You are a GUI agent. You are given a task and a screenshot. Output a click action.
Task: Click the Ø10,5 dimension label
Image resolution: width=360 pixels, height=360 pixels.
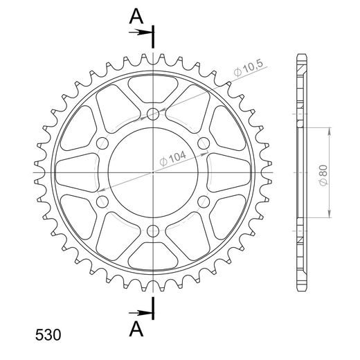pos(249,69)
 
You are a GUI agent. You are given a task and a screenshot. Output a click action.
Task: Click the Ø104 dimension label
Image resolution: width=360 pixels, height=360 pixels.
pos(172,159)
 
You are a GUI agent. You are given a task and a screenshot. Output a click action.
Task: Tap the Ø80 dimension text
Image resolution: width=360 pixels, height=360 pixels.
pos(323,175)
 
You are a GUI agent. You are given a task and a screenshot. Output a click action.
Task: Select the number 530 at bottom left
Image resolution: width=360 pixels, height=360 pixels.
pos(48,335)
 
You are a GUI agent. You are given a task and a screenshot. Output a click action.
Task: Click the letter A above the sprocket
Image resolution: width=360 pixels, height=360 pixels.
pos(136,17)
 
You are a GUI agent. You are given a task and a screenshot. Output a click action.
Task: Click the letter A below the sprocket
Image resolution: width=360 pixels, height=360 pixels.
pos(136,329)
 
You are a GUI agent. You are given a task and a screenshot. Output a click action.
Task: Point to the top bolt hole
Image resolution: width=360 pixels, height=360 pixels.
pos(153,114)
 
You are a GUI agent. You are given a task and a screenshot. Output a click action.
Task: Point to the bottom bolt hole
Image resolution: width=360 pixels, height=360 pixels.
pos(153,231)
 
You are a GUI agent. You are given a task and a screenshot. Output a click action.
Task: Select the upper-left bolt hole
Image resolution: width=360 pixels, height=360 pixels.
pos(102,143)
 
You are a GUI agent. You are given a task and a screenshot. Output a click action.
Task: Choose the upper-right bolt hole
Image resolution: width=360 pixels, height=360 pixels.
pos(204,143)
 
